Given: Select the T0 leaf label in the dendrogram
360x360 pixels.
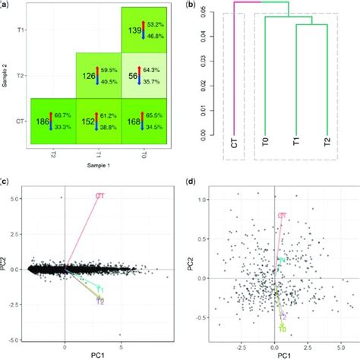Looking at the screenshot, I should pyautogui.click(x=264, y=144).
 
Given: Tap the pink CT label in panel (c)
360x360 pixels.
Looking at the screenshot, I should pyautogui.click(x=99, y=196).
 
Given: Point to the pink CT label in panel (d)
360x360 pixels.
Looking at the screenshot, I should pyautogui.click(x=282, y=216).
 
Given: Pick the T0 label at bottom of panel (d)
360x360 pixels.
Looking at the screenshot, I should pyautogui.click(x=282, y=330).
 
